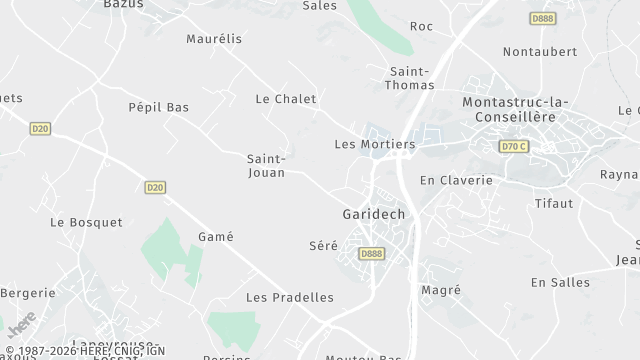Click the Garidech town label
click(x=375, y=215)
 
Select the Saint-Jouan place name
click(x=267, y=165)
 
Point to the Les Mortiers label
click(x=374, y=144)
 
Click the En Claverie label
click(x=456, y=180)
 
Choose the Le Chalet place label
click(x=286, y=99)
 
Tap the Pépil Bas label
click(x=159, y=107)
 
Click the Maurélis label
click(x=214, y=39)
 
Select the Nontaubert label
click(x=540, y=51)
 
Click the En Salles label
click(x=560, y=283)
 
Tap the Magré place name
click(x=441, y=290)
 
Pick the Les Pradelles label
click(x=290, y=297)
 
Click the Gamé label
click(x=216, y=237)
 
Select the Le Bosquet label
click(x=86, y=222)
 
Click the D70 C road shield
click(x=512, y=147)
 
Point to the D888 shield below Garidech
click(x=371, y=254)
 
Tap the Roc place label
click(x=422, y=26)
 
